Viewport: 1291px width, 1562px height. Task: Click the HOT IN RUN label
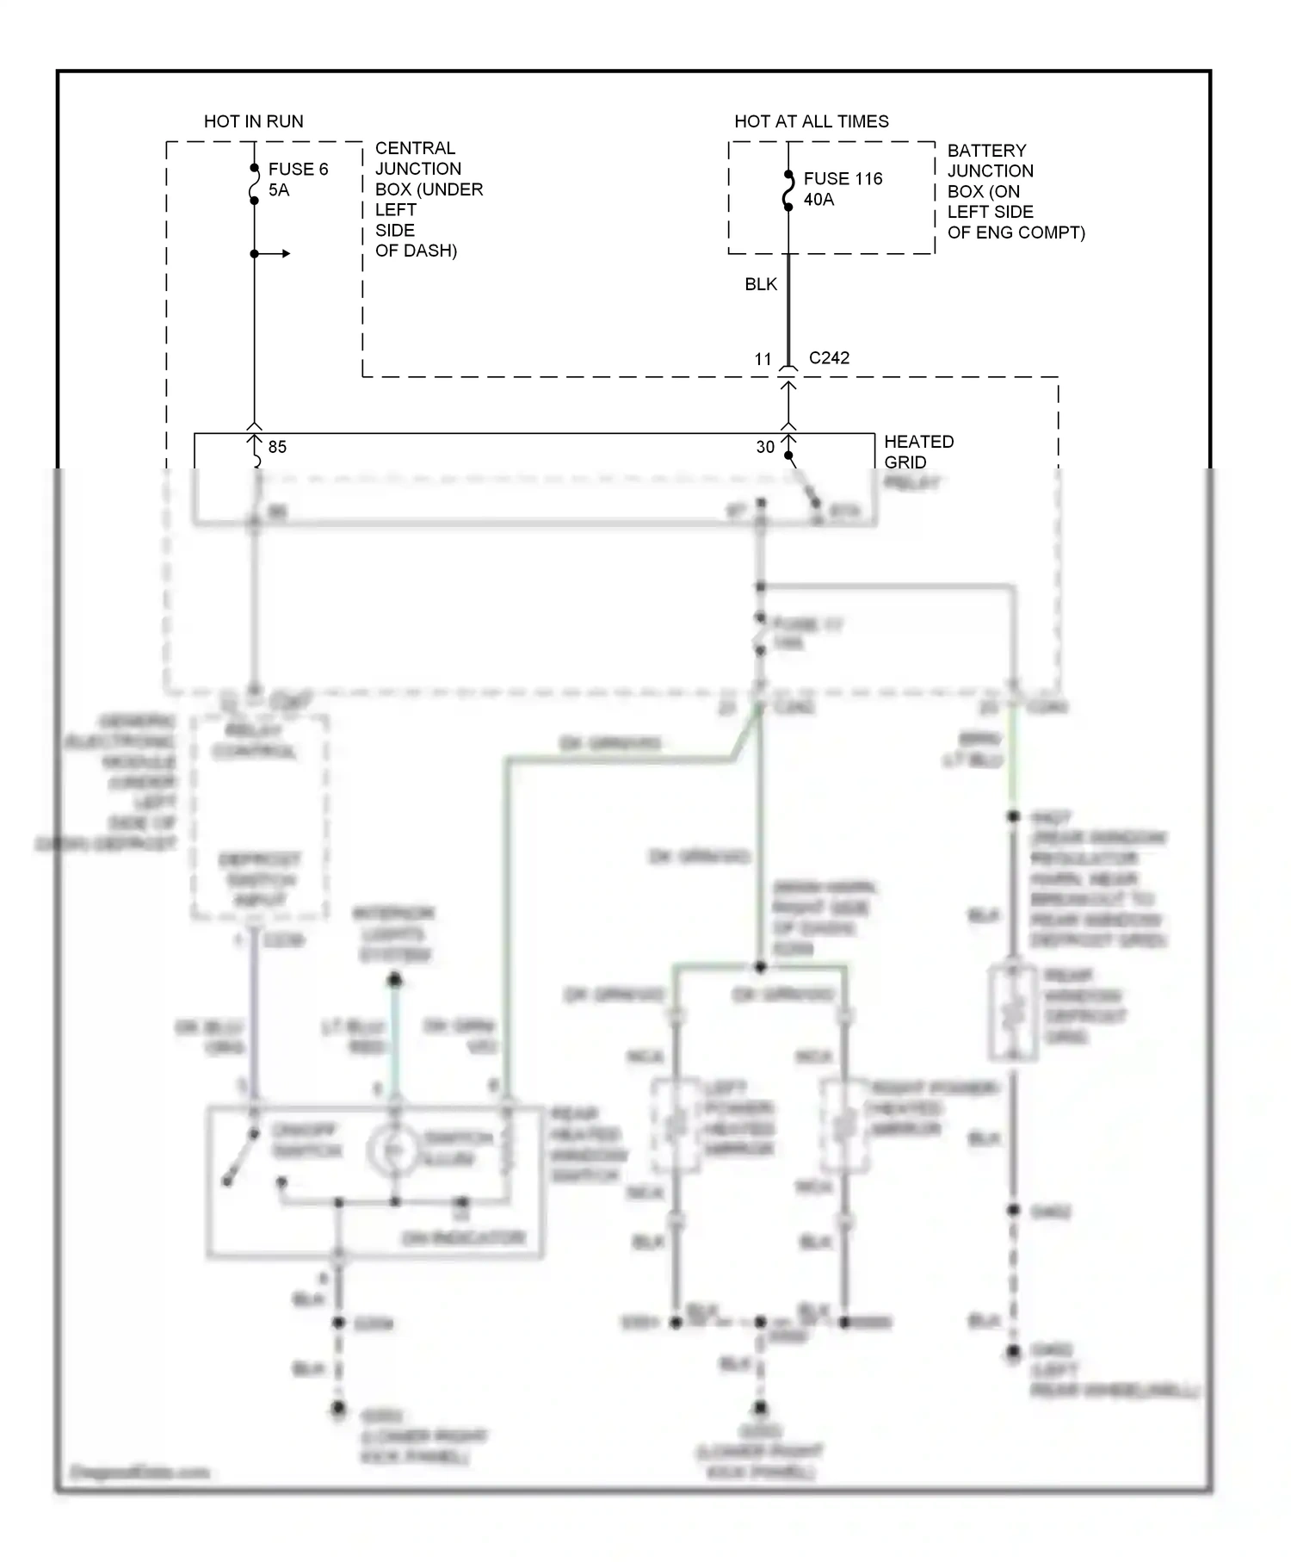click(253, 121)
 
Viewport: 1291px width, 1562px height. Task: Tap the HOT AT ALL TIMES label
click(811, 121)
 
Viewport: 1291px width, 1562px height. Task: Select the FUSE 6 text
click(298, 170)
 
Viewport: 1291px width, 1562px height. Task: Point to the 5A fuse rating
click(279, 190)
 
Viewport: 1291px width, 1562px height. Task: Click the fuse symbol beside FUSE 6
click(254, 184)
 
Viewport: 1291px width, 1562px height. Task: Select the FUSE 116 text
click(843, 179)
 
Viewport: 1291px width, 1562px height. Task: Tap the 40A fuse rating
click(818, 200)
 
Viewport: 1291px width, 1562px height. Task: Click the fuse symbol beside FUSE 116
click(788, 190)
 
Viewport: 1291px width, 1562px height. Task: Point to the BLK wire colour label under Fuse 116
click(761, 284)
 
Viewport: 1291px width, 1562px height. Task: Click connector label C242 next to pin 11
click(829, 358)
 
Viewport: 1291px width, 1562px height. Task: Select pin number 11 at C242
click(763, 360)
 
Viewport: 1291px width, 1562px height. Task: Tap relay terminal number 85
click(277, 447)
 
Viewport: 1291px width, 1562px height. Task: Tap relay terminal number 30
click(765, 447)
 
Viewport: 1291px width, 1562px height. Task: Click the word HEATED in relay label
click(918, 442)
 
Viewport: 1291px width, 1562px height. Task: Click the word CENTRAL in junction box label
click(415, 149)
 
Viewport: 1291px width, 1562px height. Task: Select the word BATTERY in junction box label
click(986, 151)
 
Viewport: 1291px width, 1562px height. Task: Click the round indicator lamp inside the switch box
click(392, 1150)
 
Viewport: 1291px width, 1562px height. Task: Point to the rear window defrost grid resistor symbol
click(1012, 1013)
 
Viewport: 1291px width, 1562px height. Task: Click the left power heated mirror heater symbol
click(676, 1124)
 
